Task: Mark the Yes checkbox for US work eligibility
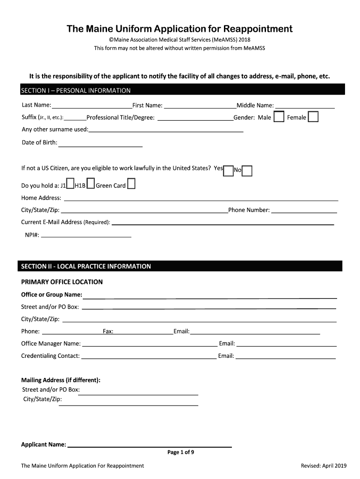(229, 171)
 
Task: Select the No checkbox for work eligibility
(247, 171)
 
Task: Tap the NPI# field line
(86, 235)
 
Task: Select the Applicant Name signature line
(150, 445)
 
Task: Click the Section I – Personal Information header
(76, 90)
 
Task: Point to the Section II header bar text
(86, 266)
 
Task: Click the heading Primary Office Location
(62, 282)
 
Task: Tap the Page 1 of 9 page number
(180, 452)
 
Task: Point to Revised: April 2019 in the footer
(324, 465)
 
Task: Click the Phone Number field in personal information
(304, 211)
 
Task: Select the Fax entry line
(143, 332)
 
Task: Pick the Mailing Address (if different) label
(61, 380)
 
